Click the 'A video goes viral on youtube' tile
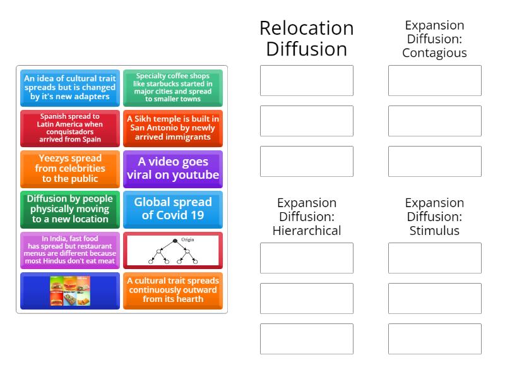pyautogui.click(x=173, y=169)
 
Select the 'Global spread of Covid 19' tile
pyautogui.click(x=173, y=209)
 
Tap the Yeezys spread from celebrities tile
pyautogui.click(x=70, y=169)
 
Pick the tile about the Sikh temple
pyautogui.click(x=173, y=128)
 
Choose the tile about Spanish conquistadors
pyautogui.click(x=70, y=128)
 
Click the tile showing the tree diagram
pyautogui.click(x=173, y=250)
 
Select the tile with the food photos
pyautogui.click(x=70, y=291)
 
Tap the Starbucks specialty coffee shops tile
pyautogui.click(x=173, y=88)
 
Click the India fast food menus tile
pyautogui.click(x=70, y=250)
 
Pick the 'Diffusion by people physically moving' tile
pyautogui.click(x=70, y=209)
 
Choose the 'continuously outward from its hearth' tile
pyautogui.click(x=173, y=291)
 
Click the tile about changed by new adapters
pyautogui.click(x=70, y=88)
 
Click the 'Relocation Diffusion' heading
pyautogui.click(x=307, y=39)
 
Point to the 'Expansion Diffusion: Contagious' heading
pyautogui.click(x=434, y=39)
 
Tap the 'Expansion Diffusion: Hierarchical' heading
pyautogui.click(x=307, y=217)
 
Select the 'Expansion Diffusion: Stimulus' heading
pyautogui.click(x=434, y=217)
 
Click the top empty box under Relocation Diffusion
pyautogui.click(x=307, y=81)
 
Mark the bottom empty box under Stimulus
pyautogui.click(x=434, y=339)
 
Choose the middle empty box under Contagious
pyautogui.click(x=434, y=121)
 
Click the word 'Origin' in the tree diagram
pyautogui.click(x=187, y=240)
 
